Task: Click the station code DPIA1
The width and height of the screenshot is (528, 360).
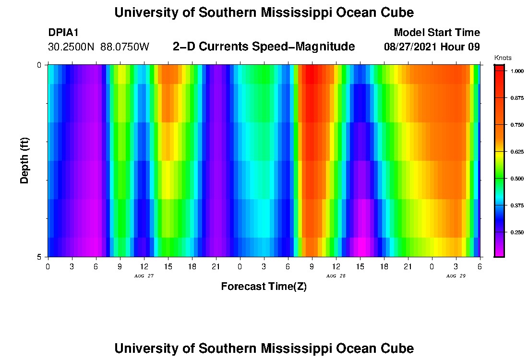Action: (x=63, y=33)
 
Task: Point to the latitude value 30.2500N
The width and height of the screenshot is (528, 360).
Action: (x=72, y=47)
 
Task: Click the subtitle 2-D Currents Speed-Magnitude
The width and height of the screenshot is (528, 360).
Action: (x=264, y=47)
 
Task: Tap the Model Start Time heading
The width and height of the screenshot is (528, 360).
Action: (x=437, y=33)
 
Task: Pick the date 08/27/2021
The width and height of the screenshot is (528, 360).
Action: (x=412, y=47)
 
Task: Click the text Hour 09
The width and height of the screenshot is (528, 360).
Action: (x=462, y=47)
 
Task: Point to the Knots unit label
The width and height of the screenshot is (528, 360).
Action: (x=503, y=58)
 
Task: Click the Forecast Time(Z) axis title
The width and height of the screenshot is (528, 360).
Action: (x=264, y=287)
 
